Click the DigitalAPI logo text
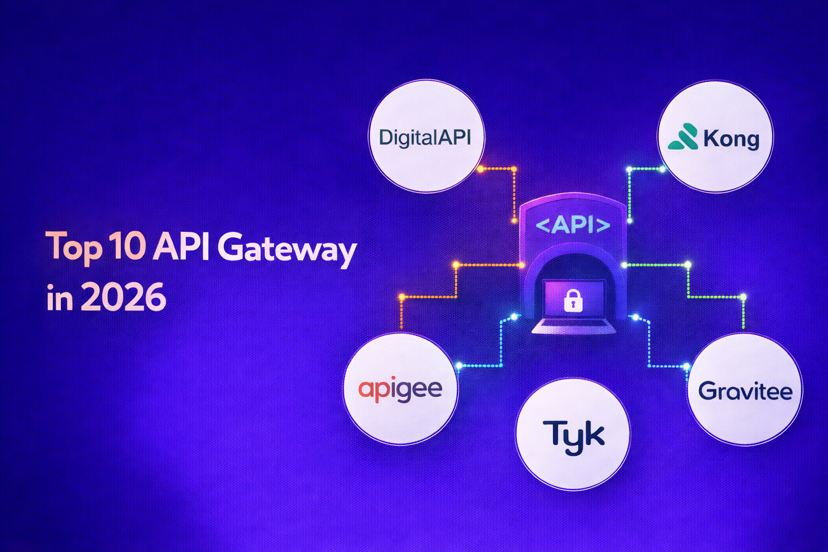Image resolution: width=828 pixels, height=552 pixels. pos(425,137)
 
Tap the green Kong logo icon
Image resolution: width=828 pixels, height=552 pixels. pos(683,137)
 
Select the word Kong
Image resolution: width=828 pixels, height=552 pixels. pos(731,139)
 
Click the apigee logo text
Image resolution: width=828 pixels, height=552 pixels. pos(400,389)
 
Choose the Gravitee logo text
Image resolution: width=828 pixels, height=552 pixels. pos(745,391)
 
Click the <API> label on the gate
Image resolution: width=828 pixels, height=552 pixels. pos(572,224)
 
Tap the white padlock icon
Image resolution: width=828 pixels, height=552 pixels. pos(572,300)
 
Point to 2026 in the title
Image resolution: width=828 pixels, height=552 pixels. pos(124,297)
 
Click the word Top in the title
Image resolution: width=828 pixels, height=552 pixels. pos(73,247)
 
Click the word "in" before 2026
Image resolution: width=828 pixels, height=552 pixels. pos(59,297)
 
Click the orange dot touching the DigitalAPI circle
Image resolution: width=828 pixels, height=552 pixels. pos(480,169)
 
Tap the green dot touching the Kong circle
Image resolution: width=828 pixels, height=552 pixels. pos(664,169)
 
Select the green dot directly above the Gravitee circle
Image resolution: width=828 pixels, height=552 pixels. pos(743,297)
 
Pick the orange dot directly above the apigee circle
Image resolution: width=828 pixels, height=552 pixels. pos(402,297)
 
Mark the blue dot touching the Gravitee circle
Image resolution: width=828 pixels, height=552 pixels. pos(686,367)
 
